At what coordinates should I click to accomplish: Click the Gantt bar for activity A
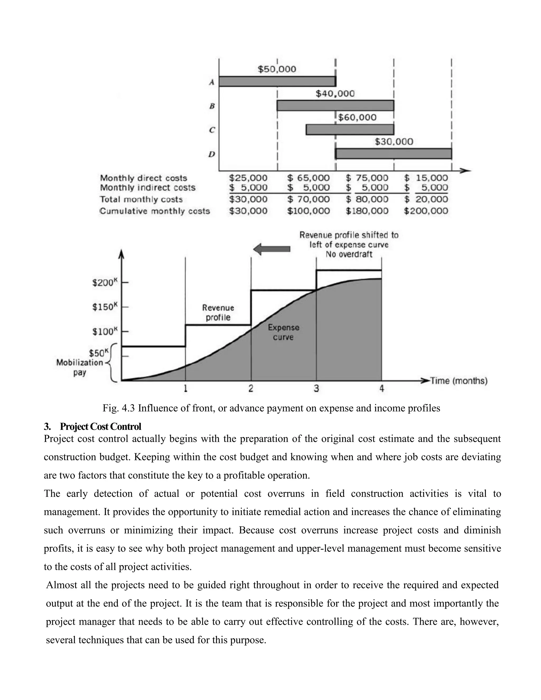[x=277, y=81]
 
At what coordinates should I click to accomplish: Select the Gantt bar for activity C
[x=350, y=129]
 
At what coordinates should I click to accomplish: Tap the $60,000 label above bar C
[x=357, y=117]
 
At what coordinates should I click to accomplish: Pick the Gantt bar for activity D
[x=393, y=154]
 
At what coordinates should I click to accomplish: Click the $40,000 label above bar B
[x=335, y=94]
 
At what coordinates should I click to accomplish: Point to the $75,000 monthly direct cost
[x=367, y=178]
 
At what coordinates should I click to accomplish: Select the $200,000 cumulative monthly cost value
[x=426, y=211]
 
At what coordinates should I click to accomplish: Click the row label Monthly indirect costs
[x=147, y=188]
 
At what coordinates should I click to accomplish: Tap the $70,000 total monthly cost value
[x=308, y=199]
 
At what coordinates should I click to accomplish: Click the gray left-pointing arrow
[x=272, y=249]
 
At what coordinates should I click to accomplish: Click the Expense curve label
[x=283, y=332]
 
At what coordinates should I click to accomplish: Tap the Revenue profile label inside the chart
[x=218, y=312]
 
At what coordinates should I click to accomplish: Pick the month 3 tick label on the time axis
[x=316, y=389]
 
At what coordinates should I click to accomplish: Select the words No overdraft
[x=349, y=254]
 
